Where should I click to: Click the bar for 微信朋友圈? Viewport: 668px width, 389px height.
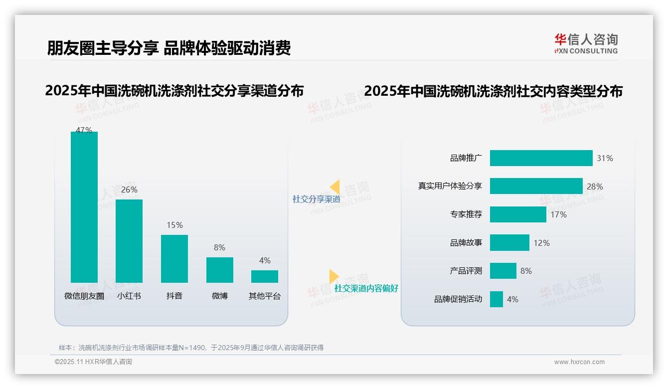(x=84, y=207)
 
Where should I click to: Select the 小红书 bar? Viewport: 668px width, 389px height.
(x=129, y=241)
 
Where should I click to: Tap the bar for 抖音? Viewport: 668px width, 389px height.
(x=174, y=258)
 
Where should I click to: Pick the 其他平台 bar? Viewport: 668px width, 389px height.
(x=265, y=276)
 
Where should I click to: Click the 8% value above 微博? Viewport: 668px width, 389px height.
(x=219, y=247)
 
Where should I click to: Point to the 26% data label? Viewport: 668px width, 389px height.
(x=129, y=190)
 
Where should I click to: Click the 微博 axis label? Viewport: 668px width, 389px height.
(x=219, y=296)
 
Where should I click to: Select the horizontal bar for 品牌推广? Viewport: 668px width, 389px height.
(x=541, y=158)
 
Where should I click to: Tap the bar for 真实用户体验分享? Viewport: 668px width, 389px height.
(x=536, y=186)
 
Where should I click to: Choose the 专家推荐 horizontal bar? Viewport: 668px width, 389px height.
(x=518, y=214)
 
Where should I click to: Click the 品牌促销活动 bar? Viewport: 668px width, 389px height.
(x=497, y=299)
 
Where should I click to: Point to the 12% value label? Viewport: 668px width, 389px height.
(x=541, y=243)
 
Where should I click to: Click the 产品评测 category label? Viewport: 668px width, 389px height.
(x=466, y=271)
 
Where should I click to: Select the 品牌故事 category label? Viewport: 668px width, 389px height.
(x=466, y=243)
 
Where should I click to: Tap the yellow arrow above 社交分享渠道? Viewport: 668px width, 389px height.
(x=335, y=187)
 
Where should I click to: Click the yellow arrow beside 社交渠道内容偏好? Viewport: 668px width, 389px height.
(x=334, y=276)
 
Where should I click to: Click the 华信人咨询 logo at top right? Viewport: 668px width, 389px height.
(x=586, y=43)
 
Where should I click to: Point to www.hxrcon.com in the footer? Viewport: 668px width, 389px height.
(x=579, y=362)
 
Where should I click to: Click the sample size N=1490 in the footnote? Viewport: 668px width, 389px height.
(x=189, y=348)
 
